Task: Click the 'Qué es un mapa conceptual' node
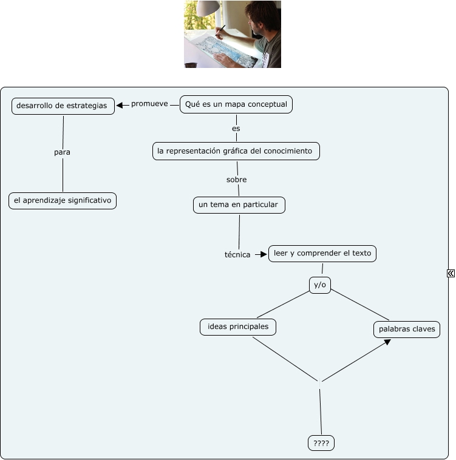(x=236, y=104)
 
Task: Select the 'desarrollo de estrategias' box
(x=63, y=106)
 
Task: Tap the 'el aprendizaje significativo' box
(x=63, y=200)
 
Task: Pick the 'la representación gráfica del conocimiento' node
(x=236, y=151)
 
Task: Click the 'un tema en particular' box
(x=239, y=205)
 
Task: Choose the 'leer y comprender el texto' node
(x=322, y=253)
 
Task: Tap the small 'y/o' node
(x=320, y=285)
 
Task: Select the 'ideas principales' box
(x=238, y=327)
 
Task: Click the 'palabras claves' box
(x=407, y=330)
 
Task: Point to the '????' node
(x=321, y=444)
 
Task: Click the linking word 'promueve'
(x=149, y=104)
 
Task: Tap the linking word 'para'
(x=62, y=152)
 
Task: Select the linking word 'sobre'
(x=236, y=180)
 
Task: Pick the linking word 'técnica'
(x=237, y=255)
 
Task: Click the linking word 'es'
(x=236, y=129)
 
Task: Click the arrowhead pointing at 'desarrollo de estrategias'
(x=120, y=105)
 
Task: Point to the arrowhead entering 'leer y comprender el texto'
(x=264, y=254)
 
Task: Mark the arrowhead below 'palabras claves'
(x=387, y=343)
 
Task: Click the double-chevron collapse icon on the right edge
(x=451, y=274)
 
